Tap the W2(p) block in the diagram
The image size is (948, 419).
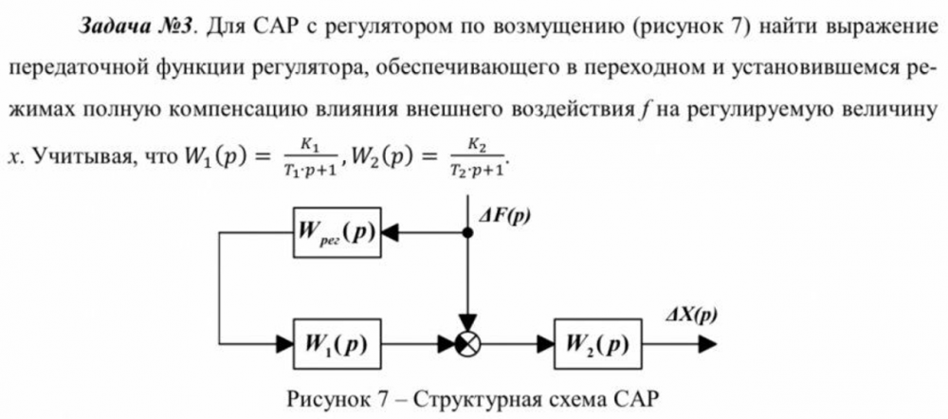coord(595,340)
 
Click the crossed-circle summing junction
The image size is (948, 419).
coord(465,341)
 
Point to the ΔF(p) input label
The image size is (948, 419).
coord(503,215)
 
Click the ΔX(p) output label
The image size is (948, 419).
coord(692,314)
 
